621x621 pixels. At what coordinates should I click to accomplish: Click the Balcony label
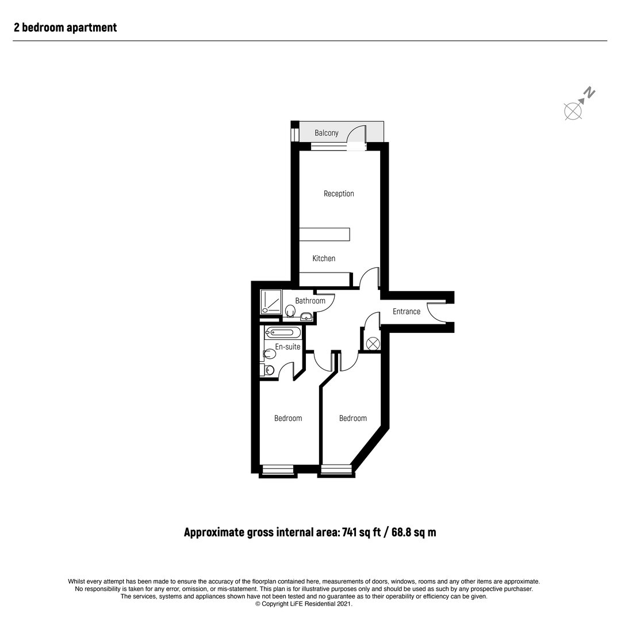pos(327,133)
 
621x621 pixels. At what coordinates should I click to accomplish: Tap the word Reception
pos(339,194)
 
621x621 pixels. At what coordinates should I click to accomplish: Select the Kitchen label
pos(324,258)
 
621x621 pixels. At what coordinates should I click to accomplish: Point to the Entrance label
pos(407,311)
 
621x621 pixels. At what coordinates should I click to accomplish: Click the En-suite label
pos(287,347)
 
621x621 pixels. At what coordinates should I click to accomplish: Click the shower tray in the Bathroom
pos(271,302)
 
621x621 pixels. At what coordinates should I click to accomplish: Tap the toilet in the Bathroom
pos(290,311)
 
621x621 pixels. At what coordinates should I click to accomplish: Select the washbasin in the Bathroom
pos(306,316)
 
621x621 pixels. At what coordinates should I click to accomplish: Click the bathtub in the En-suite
pos(283,332)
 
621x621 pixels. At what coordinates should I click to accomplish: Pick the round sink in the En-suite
pos(270,370)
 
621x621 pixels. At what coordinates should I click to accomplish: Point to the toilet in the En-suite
pos(269,353)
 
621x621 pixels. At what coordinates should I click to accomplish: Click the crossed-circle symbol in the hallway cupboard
pos(373,343)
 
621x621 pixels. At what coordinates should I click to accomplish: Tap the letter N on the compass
pos(590,92)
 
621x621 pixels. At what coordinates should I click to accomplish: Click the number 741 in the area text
pos(350,532)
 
